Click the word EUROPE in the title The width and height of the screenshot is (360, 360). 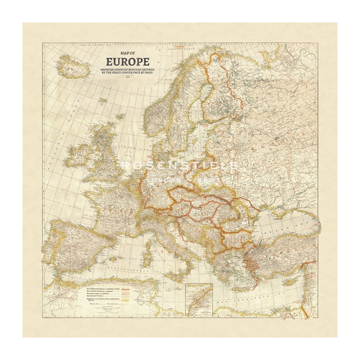tap(127, 62)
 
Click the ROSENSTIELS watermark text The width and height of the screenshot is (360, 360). tap(180, 165)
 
